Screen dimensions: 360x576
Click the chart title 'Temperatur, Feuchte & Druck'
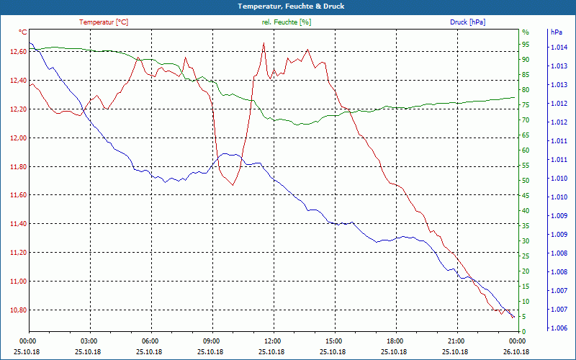click(x=288, y=6)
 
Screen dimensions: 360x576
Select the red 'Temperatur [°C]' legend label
click(x=104, y=22)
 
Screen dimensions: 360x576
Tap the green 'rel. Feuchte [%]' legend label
click(x=287, y=22)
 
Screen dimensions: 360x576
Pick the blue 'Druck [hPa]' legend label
click(x=467, y=22)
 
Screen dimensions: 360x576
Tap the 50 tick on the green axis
click(x=526, y=180)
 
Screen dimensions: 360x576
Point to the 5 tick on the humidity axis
click(x=524, y=316)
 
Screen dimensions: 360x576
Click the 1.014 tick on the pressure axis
click(x=558, y=48)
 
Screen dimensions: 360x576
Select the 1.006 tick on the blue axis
click(x=558, y=328)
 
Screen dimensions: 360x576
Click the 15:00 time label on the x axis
click(x=333, y=341)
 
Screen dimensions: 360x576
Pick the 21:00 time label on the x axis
click(x=456, y=341)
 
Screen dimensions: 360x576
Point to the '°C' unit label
click(x=22, y=32)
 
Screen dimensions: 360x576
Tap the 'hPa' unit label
click(x=557, y=32)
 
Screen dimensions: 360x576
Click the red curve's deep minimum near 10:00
click(x=233, y=185)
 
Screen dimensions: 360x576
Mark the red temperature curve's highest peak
click(x=264, y=42)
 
